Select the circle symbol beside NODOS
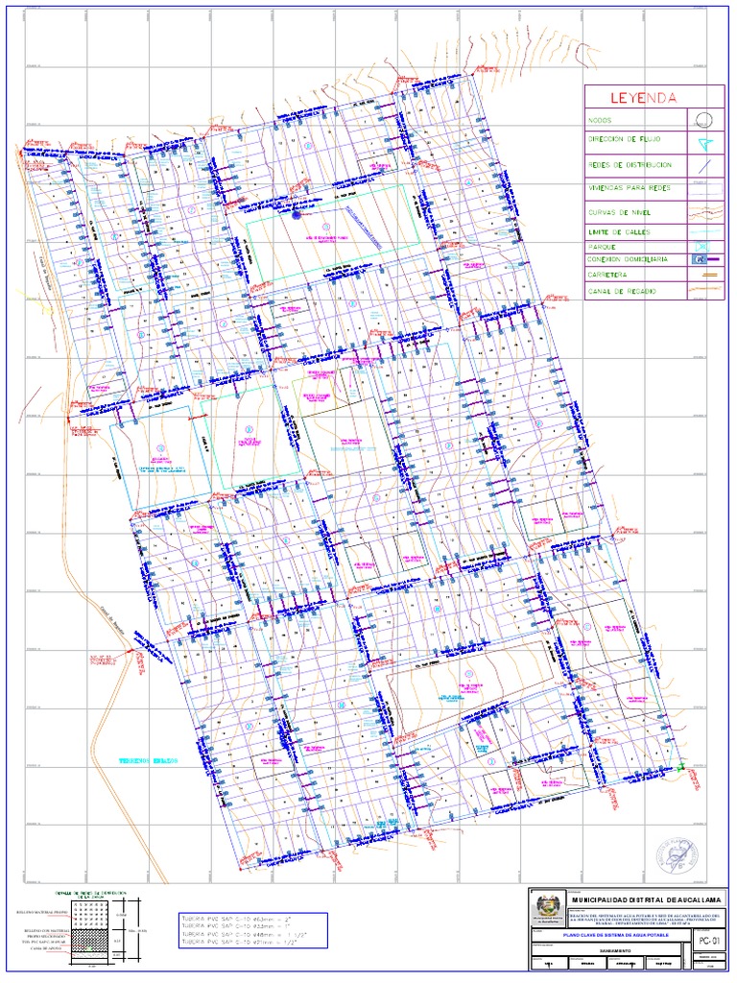coord(702,120)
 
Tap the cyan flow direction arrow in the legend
coord(705,142)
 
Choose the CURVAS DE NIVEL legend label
coord(621,211)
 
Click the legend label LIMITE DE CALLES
coord(622,232)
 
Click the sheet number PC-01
coord(709,926)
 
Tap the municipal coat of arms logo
coord(548,907)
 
